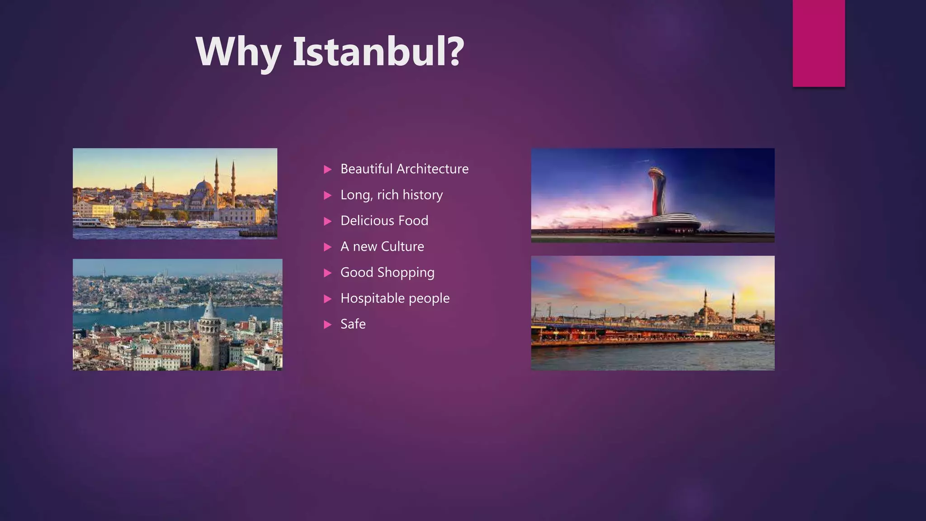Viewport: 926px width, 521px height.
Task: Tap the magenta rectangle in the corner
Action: tap(818, 43)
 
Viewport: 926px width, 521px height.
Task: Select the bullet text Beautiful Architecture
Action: tap(404, 169)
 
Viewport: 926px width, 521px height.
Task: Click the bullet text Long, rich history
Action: tap(391, 194)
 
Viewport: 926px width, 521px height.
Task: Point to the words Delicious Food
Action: tap(384, 220)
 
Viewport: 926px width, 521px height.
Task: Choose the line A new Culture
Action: tap(382, 246)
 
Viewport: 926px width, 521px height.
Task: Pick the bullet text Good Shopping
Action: tap(387, 272)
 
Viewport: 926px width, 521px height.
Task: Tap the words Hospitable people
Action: tap(395, 298)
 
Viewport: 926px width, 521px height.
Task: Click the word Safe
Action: tap(353, 324)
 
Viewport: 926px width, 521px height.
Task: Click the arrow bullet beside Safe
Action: tap(328, 324)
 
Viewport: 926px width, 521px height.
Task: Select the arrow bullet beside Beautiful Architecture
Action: tap(328, 169)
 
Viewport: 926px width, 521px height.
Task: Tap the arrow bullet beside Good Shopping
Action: tap(328, 273)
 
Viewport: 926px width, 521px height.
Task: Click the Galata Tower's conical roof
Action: tap(210, 308)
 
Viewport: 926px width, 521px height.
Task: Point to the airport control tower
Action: tap(657, 190)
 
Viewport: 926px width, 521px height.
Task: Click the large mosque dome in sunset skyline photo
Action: tap(203, 186)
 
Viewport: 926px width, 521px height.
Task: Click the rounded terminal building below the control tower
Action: tap(669, 223)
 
